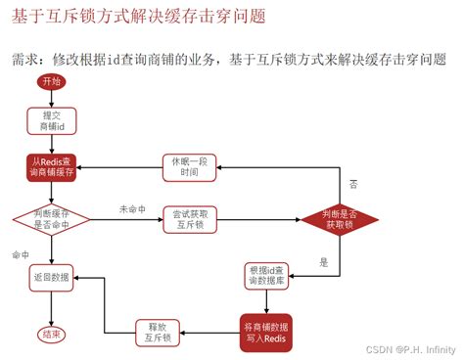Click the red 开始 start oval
tap(52, 83)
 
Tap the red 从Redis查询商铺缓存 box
tap(51, 167)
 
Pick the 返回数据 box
tap(51, 278)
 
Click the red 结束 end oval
tap(51, 335)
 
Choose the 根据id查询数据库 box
tap(269, 277)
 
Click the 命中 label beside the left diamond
tap(22, 255)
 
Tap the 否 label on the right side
tap(353, 184)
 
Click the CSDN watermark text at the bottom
tap(375, 348)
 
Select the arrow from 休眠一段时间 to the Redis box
tap(119, 167)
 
